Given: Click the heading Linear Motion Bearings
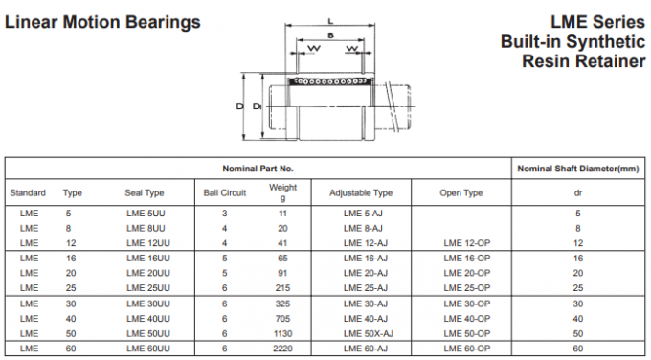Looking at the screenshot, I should [x=103, y=21].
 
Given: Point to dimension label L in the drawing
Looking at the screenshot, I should [x=330, y=20].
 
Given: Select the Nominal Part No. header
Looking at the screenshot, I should [x=258, y=169].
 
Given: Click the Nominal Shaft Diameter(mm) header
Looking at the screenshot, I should [x=576, y=169].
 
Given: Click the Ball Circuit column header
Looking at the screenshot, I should [x=225, y=192].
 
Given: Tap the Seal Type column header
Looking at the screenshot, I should [x=145, y=192].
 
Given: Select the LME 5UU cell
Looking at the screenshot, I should [x=146, y=213].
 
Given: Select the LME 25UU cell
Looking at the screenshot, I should [x=148, y=288].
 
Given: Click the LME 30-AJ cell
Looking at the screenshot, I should [x=364, y=304].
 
